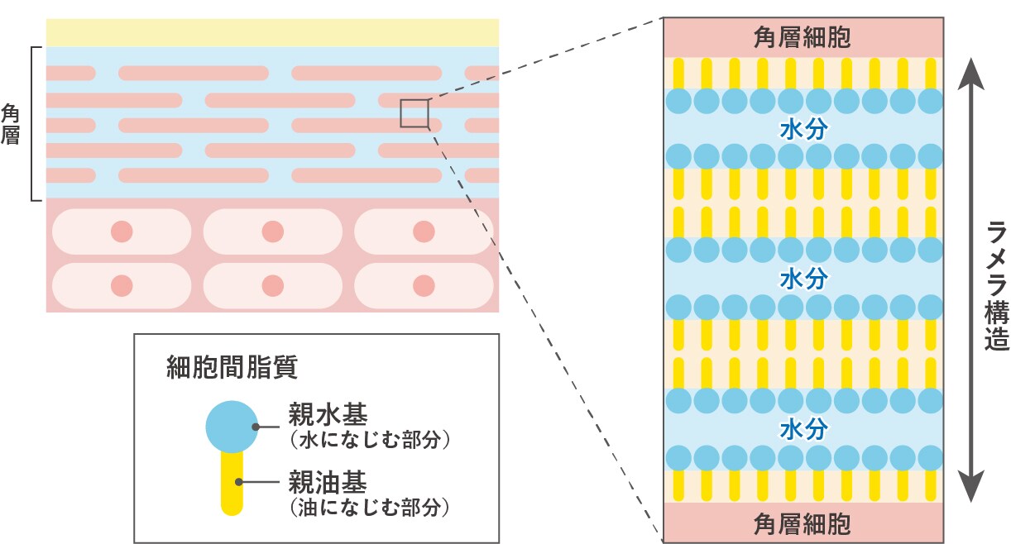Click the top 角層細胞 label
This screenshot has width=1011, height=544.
(x=802, y=37)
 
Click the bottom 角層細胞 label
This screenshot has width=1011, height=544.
(x=802, y=523)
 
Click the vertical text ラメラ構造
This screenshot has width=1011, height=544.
(x=996, y=286)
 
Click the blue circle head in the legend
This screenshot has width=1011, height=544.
(x=232, y=427)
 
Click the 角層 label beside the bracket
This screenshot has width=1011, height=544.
(x=11, y=123)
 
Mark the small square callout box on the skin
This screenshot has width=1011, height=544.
(x=414, y=113)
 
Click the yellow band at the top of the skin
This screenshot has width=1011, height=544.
(x=272, y=32)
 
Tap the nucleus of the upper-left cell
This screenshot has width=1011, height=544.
(x=122, y=231)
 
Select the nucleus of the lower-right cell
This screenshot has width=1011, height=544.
(x=424, y=286)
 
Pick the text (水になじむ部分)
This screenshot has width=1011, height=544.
(x=368, y=439)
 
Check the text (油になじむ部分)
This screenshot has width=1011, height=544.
(x=368, y=506)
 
